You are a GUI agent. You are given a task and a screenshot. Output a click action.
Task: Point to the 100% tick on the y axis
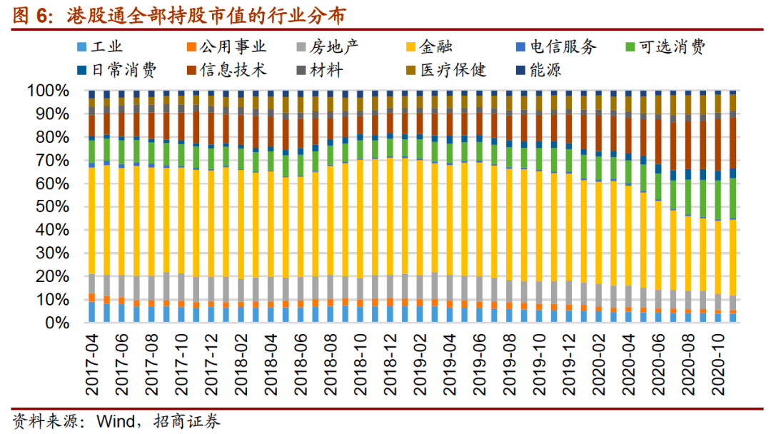(x=48, y=91)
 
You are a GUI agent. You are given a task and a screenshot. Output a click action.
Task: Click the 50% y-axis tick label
(x=52, y=207)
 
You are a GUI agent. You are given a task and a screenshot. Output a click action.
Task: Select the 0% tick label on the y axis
(x=56, y=323)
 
